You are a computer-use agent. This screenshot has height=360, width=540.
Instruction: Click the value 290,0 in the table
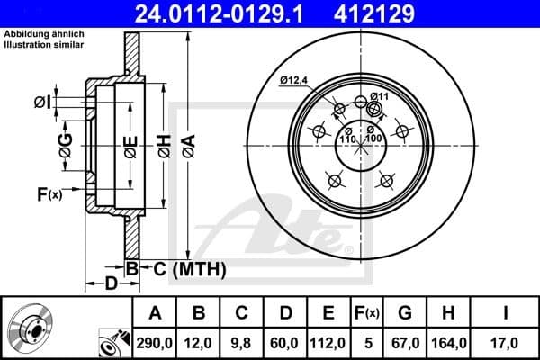click(155, 342)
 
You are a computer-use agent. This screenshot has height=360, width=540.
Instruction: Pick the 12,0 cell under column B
click(200, 342)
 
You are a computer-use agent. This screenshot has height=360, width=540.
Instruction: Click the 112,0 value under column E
click(329, 342)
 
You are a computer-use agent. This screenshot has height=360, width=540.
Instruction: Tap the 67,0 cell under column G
click(405, 342)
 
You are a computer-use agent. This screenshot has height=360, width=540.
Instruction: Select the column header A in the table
click(155, 313)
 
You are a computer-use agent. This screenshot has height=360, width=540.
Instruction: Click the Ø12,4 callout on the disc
click(293, 81)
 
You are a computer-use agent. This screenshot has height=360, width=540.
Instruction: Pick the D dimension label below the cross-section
click(109, 284)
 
